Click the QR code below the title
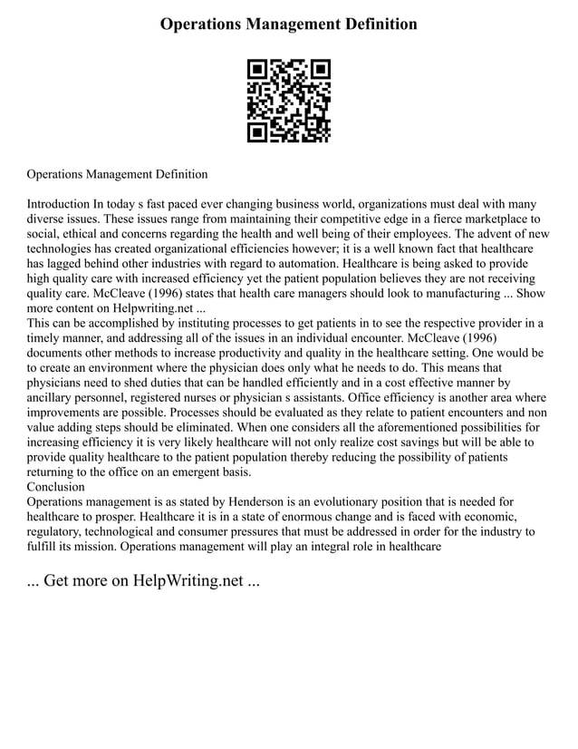pos(289,100)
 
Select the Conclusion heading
pos(56,486)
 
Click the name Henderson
pos(281,501)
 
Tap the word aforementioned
pos(400,426)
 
